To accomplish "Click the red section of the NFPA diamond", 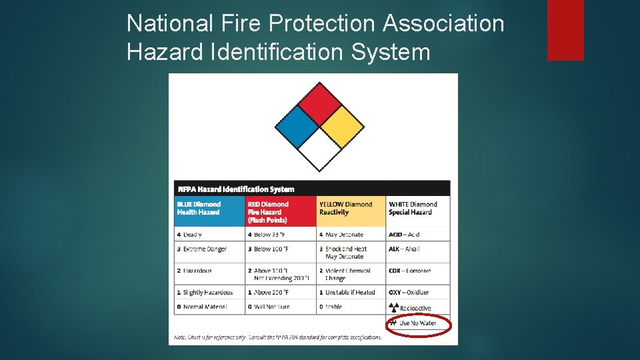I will click(320, 104).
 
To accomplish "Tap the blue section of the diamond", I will click(297, 127).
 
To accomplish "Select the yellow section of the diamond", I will click(343, 127).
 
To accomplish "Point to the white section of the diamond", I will click(320, 149).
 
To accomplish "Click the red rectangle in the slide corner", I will click(565, 30).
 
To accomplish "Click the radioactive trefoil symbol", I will click(393, 308).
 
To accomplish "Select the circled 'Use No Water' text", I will click(417, 323).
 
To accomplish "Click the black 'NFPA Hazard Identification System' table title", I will click(237, 189).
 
